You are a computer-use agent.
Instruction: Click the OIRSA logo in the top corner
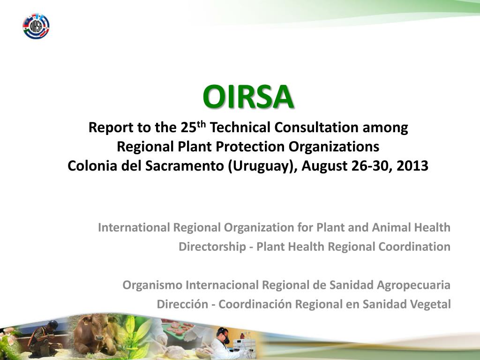36,26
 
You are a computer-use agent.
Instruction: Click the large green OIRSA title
248,97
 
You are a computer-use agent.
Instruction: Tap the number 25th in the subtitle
193,127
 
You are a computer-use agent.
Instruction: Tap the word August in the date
323,166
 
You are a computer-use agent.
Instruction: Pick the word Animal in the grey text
391,228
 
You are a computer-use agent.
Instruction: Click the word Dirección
182,304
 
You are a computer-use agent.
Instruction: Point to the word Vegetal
430,304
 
